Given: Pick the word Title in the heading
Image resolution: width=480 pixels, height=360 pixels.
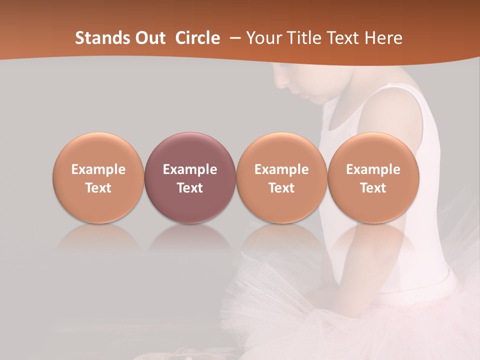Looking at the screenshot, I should click(305, 38).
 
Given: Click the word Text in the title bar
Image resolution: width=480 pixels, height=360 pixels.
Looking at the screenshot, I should click(344, 38).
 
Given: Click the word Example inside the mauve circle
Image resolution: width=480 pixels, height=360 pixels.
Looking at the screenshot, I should click(190, 169).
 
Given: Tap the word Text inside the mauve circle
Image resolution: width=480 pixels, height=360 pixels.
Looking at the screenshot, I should click(190, 188).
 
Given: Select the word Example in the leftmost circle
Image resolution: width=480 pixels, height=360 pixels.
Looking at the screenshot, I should click(98, 169).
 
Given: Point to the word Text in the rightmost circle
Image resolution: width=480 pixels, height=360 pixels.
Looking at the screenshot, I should click(373, 188).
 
